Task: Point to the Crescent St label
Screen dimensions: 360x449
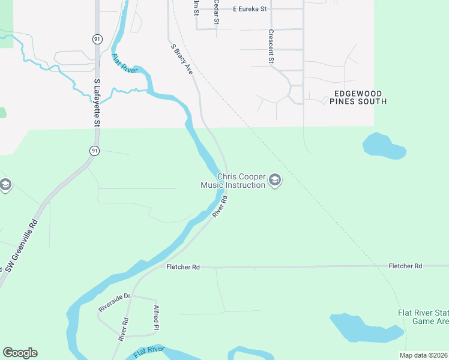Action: (x=271, y=47)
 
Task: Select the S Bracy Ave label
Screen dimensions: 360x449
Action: (x=181, y=58)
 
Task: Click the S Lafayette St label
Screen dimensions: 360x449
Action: (x=97, y=103)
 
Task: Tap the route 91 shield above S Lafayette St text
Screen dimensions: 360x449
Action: (x=97, y=38)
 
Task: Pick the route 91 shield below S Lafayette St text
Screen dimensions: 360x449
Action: (x=94, y=151)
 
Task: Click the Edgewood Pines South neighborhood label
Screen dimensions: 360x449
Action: (x=358, y=98)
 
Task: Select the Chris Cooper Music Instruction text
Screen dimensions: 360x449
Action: (x=233, y=181)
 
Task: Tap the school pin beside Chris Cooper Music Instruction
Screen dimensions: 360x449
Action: (x=275, y=180)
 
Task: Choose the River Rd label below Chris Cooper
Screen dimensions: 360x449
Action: (x=220, y=207)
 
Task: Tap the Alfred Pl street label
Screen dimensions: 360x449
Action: (x=156, y=318)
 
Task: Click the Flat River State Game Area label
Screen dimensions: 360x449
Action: (x=423, y=317)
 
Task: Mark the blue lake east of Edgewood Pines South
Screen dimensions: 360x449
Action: (x=382, y=146)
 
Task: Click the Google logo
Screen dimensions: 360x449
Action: (x=20, y=353)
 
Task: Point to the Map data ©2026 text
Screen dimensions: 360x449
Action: (x=423, y=355)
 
